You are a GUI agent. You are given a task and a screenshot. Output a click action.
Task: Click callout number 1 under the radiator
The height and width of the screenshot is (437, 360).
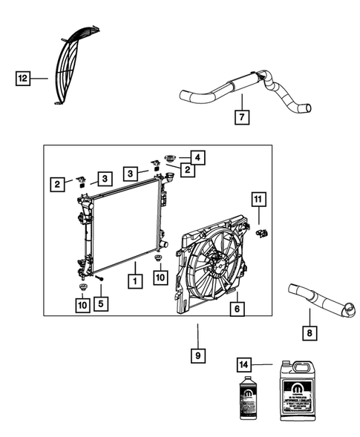tap(134, 281)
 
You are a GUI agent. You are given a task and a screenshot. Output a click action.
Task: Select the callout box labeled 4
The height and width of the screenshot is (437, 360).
tap(197, 157)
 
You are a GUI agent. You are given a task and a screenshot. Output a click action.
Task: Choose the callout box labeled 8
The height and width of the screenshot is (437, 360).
tap(309, 334)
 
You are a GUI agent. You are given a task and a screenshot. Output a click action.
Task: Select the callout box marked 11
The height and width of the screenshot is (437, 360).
tap(257, 199)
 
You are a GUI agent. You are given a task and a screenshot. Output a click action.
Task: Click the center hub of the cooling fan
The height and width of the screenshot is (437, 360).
tap(217, 260)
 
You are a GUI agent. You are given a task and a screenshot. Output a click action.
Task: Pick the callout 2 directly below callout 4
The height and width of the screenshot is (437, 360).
tap(189, 170)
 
